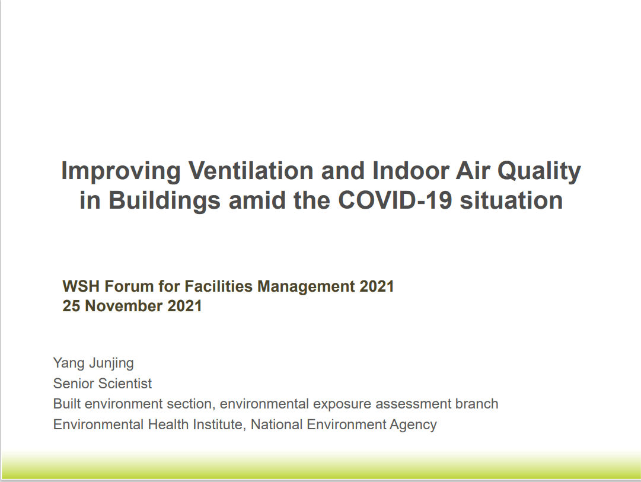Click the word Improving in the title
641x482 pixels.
[121, 171]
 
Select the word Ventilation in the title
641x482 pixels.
[251, 170]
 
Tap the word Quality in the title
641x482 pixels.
[539, 171]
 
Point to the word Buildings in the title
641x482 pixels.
[164, 201]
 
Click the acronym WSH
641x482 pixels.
[81, 286]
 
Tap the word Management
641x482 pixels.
[306, 287]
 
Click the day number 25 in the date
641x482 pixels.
[71, 306]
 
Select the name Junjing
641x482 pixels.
[111, 363]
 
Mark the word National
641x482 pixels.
[276, 424]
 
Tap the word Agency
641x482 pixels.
[413, 425]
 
